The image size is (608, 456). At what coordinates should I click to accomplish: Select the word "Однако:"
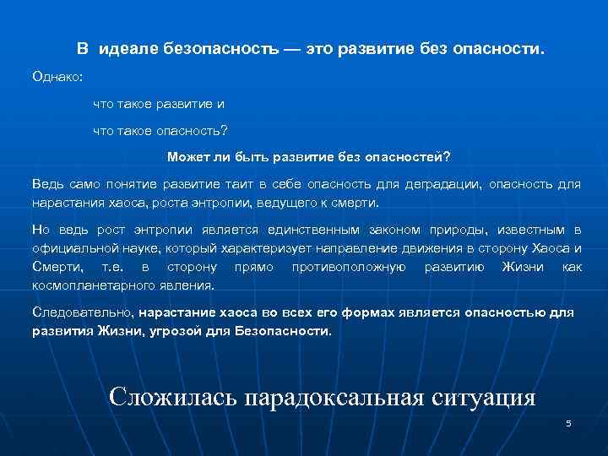57,77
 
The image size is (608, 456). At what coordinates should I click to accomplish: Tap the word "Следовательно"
83,312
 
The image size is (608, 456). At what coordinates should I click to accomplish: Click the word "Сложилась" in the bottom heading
173,397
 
